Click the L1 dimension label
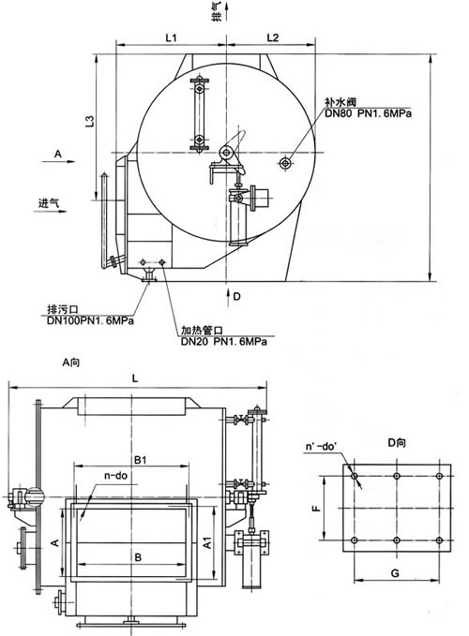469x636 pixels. tap(171, 37)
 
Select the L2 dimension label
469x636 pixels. tap(273, 37)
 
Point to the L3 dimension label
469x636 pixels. tap(90, 121)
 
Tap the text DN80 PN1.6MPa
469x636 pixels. tap(368, 113)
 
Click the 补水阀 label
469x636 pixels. tap(340, 102)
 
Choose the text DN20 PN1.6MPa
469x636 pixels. tap(224, 342)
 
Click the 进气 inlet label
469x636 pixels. tap(49, 202)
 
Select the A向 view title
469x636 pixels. tap(71, 362)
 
